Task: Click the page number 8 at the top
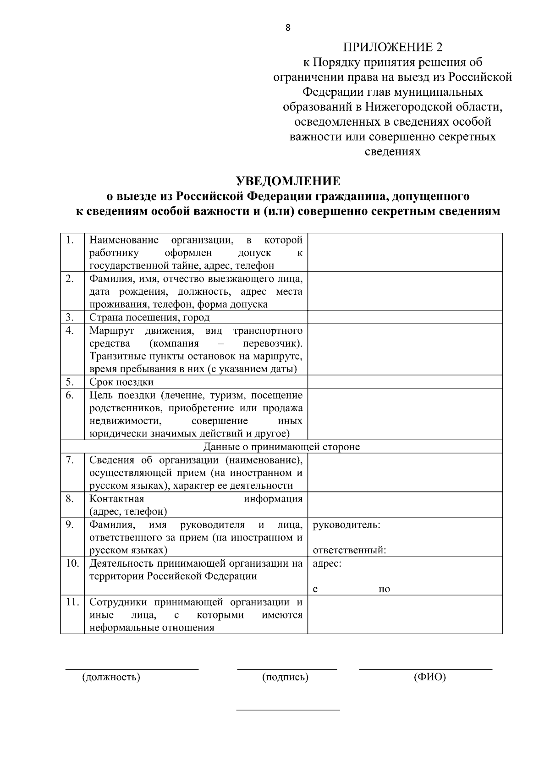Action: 288,28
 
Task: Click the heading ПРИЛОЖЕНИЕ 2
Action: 393,47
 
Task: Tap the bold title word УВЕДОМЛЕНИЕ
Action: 288,181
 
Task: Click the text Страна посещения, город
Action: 149,318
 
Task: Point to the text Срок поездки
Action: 121,382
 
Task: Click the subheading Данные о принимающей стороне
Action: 281,447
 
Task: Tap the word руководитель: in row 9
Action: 346,524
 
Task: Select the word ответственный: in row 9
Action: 349,550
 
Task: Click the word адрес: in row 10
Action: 327,563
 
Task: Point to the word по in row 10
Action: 384,590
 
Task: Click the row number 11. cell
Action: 72,602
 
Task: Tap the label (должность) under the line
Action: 111,677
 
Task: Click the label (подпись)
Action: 285,677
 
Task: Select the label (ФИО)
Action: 429,677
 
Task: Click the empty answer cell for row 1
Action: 405,252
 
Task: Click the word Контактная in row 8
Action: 117,499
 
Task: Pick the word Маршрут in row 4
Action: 109,331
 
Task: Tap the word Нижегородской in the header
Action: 408,107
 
